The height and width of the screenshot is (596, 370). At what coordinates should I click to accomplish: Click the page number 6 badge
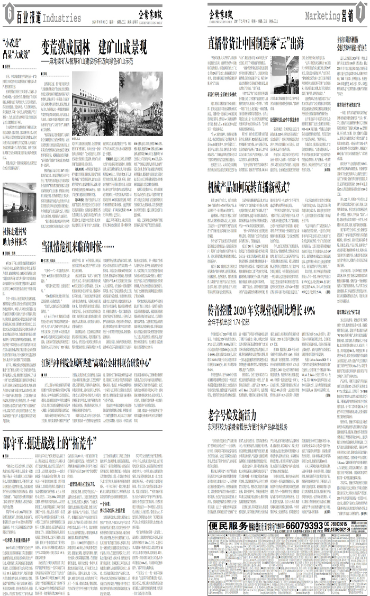point(8,15)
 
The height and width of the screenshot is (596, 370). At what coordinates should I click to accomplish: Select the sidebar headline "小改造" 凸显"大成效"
point(15,46)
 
